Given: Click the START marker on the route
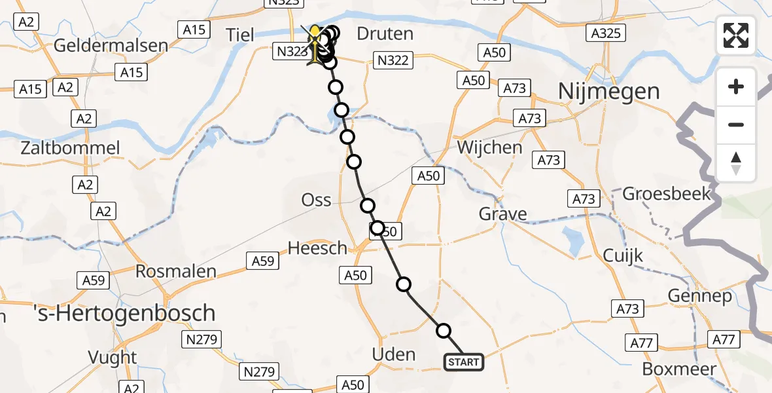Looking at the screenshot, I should point(464,362).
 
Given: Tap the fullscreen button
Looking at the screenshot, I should point(736,35).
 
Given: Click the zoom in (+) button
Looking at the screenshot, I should point(736,86).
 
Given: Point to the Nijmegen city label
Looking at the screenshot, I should point(608,92).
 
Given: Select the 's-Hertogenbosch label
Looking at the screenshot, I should point(124,312).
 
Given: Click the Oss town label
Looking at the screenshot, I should point(316,200).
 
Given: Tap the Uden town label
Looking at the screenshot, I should point(393,355).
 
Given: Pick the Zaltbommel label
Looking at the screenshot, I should point(70,147).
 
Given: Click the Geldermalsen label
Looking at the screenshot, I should point(111,46).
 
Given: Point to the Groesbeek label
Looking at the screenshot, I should point(666,194).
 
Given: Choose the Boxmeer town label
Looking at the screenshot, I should point(679,368).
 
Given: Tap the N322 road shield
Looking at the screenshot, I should point(392,61).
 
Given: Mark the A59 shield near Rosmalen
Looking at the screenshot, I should point(92,280).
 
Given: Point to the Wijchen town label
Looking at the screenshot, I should point(489,147).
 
